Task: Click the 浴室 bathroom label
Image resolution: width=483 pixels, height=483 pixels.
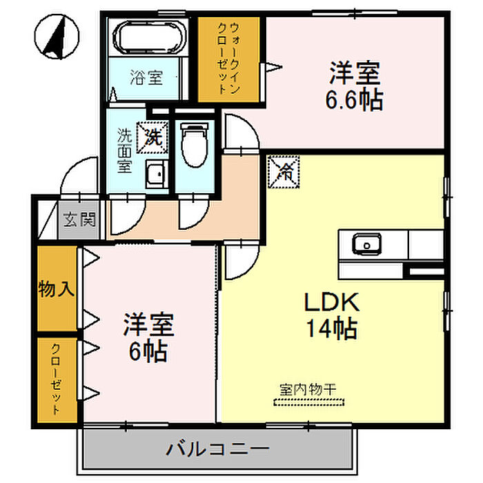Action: (x=146, y=77)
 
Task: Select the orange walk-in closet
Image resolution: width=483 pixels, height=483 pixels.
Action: (x=228, y=59)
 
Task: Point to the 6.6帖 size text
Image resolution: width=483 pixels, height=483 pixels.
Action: (x=354, y=101)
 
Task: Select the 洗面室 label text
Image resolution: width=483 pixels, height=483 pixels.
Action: (x=124, y=149)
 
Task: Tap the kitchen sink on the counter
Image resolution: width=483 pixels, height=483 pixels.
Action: (x=366, y=244)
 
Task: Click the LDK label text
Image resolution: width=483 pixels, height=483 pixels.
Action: (x=331, y=304)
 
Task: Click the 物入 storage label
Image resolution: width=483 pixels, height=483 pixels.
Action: (x=57, y=288)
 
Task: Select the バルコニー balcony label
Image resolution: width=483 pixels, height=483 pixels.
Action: (x=217, y=450)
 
